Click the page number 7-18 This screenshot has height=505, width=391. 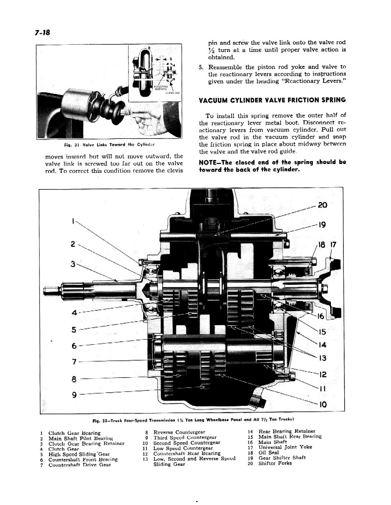(x=39, y=32)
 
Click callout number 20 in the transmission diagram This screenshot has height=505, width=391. (x=322, y=205)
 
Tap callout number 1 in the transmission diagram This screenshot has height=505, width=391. (x=73, y=221)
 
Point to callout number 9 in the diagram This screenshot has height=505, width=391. (x=74, y=395)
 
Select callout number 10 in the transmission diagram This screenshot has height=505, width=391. (x=322, y=404)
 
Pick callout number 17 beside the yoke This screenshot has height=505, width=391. (x=333, y=245)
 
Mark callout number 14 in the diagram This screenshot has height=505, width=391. (x=322, y=345)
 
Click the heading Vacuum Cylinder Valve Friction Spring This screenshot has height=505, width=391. (x=272, y=100)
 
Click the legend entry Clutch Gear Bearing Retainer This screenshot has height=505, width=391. (x=86, y=443)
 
